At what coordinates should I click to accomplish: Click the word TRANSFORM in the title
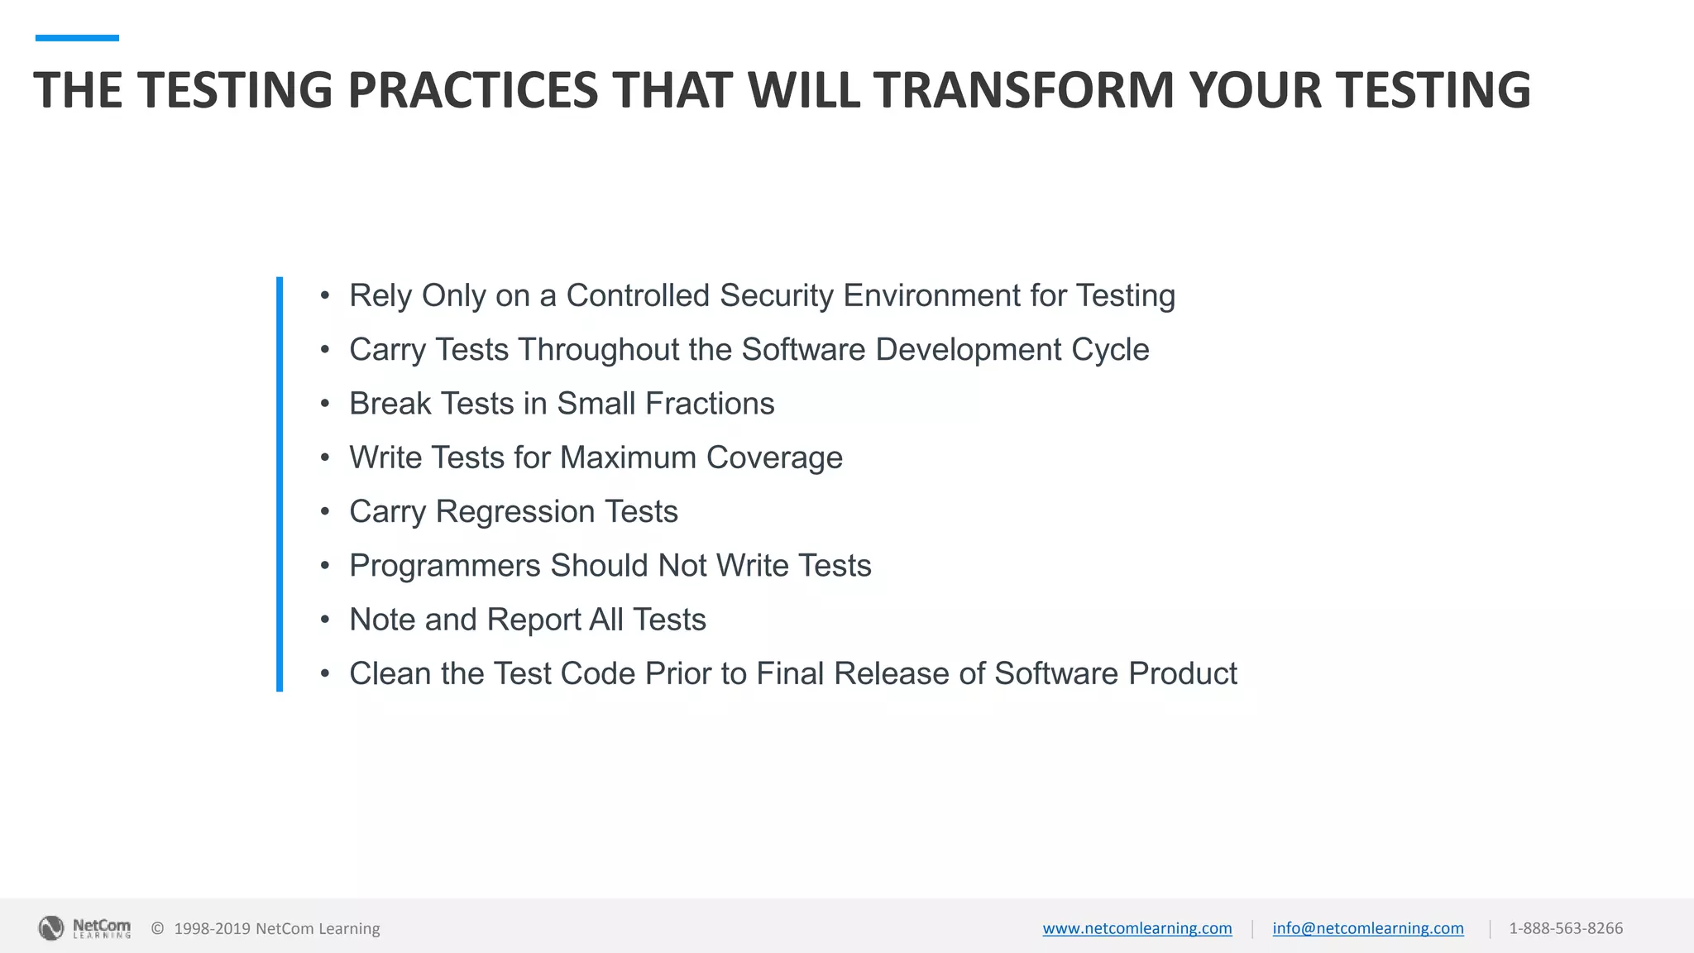(1024, 89)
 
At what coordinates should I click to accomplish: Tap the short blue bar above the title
(77, 38)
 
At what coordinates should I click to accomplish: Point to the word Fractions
(709, 404)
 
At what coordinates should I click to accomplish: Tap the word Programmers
(445, 566)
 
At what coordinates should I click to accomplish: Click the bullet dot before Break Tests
(325, 404)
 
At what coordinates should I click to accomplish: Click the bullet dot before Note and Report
(325, 620)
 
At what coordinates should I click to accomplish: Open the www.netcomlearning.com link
(1137, 928)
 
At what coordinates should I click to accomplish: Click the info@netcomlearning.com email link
(1367, 928)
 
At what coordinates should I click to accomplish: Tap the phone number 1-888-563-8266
(1565, 928)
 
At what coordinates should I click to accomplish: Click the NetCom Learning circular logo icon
(51, 928)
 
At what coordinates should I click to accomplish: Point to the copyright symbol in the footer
(157, 928)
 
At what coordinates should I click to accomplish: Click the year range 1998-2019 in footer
(212, 928)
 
